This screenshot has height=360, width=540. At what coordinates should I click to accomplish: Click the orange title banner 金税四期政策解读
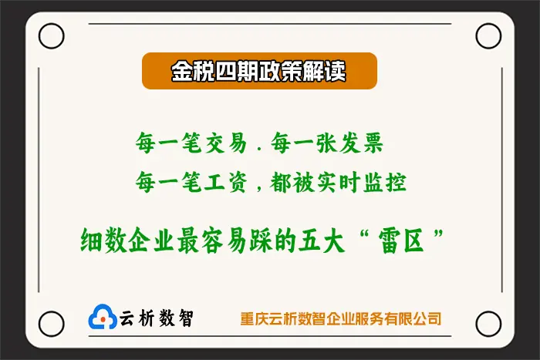[x=259, y=71]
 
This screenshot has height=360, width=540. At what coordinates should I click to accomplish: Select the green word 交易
[x=226, y=143]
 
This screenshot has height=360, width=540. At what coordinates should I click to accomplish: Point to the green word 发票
[x=361, y=143]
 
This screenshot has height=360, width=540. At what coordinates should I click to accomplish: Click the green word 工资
[x=226, y=182]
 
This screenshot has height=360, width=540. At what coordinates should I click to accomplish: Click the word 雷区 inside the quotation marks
[x=401, y=241]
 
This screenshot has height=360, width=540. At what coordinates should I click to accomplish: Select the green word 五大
[x=322, y=241]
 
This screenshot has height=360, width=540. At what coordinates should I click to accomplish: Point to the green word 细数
[x=103, y=241]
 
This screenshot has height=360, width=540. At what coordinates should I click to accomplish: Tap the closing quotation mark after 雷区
[x=438, y=234]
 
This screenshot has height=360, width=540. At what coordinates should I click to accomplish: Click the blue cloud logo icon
[x=103, y=317]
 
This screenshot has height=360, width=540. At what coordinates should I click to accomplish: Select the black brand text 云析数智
[x=157, y=318]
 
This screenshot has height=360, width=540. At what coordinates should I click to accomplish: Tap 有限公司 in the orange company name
[x=413, y=318]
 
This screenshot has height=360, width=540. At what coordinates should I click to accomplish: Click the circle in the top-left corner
[x=52, y=24]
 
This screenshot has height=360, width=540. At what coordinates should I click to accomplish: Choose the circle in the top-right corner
[x=488, y=24]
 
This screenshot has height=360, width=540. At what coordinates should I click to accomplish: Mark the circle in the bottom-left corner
[x=52, y=312]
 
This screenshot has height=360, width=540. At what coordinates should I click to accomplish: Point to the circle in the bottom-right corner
[x=488, y=312]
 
